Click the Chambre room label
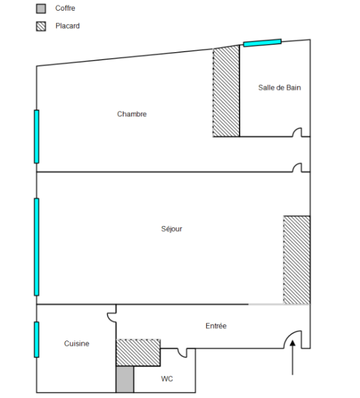tap(132, 114)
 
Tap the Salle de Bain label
tap(280, 88)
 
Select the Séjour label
tap(171, 229)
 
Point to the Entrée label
tap(216, 326)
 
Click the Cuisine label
tap(77, 343)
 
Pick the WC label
tap(167, 379)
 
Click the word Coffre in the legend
tap(66, 8)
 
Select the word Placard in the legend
tap(68, 26)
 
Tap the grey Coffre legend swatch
tap(41, 9)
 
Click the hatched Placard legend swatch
tap(41, 26)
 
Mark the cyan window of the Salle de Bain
tap(262, 43)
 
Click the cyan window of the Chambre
tap(37, 136)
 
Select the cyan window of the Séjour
tap(37, 247)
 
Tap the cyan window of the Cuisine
tap(37, 340)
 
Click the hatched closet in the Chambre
tap(226, 92)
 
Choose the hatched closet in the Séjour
tap(297, 260)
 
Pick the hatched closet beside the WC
tap(138, 353)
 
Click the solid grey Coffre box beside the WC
tap(125, 379)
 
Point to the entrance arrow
tap(292, 357)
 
